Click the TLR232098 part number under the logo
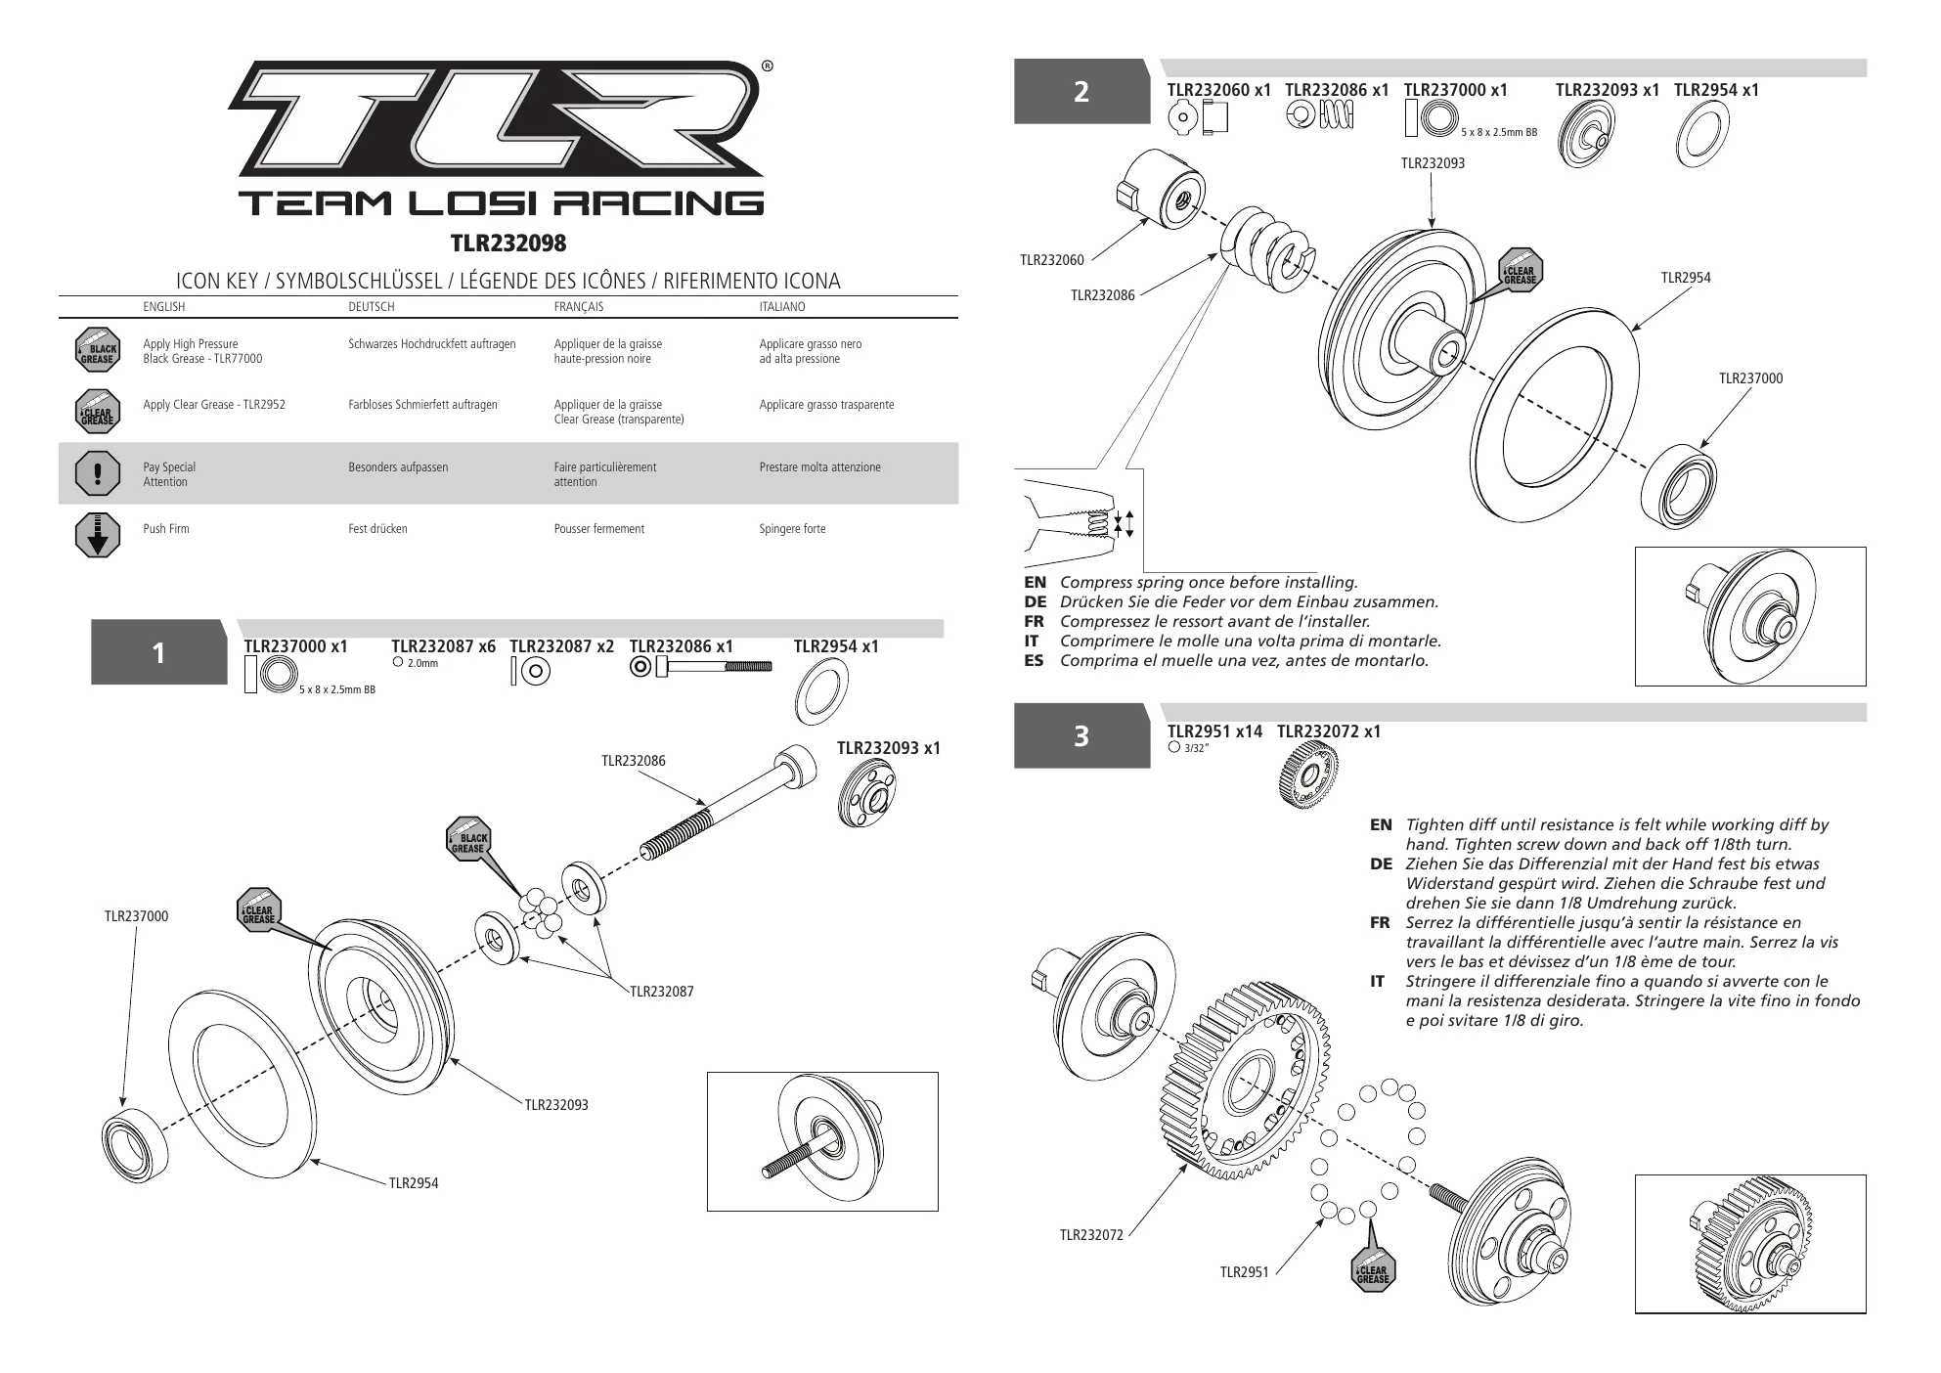(x=507, y=243)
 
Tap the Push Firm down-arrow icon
(x=97, y=534)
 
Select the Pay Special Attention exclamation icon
(x=97, y=473)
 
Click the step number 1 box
(x=159, y=652)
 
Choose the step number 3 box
(x=1081, y=735)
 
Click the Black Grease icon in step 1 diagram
(x=468, y=840)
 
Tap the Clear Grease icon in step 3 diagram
(x=1373, y=1271)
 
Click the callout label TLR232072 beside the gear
(x=1091, y=1236)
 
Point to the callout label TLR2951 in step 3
(x=1244, y=1272)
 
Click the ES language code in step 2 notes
(x=1035, y=661)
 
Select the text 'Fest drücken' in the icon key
(x=377, y=529)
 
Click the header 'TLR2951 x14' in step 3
(x=1214, y=731)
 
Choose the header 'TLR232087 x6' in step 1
(x=443, y=646)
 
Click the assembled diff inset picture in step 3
(x=1750, y=1244)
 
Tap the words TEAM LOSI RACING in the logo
(x=501, y=203)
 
